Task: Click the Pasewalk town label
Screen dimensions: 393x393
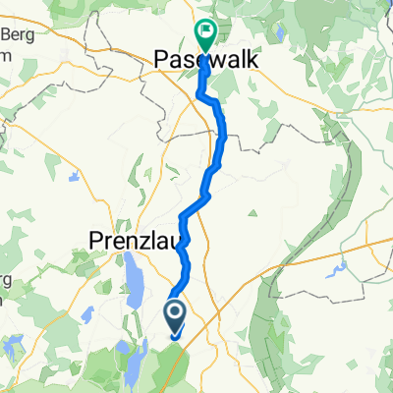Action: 205,61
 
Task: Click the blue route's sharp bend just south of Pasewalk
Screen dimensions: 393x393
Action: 202,95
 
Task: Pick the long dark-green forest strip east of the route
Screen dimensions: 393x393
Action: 265,314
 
